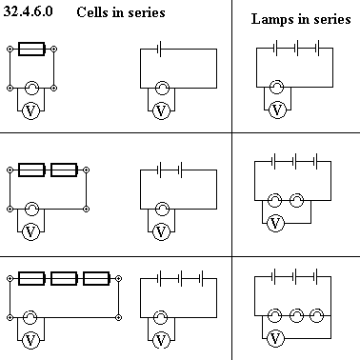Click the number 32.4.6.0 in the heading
pos(28,11)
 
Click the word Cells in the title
pos(91,12)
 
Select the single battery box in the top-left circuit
pos(31,49)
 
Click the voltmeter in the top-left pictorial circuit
pos(30,110)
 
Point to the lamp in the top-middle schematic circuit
pos(162,88)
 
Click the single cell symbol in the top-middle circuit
pos(160,49)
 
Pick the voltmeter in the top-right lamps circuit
pos(277,110)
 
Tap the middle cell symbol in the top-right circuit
pos(296,48)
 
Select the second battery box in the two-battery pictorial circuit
pos(64,170)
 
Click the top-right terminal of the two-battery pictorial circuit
pos(86,170)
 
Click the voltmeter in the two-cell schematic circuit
pos(161,231)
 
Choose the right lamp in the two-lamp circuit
pos(296,200)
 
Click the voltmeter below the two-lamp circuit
pos(275,223)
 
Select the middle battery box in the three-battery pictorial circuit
pos(64,278)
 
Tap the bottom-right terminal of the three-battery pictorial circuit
pos(118,317)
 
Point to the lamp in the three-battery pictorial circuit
pos(30,317)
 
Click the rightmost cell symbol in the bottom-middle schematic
pos(201,279)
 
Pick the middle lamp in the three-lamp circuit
pos(296,315)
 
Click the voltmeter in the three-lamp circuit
pos(275,339)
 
